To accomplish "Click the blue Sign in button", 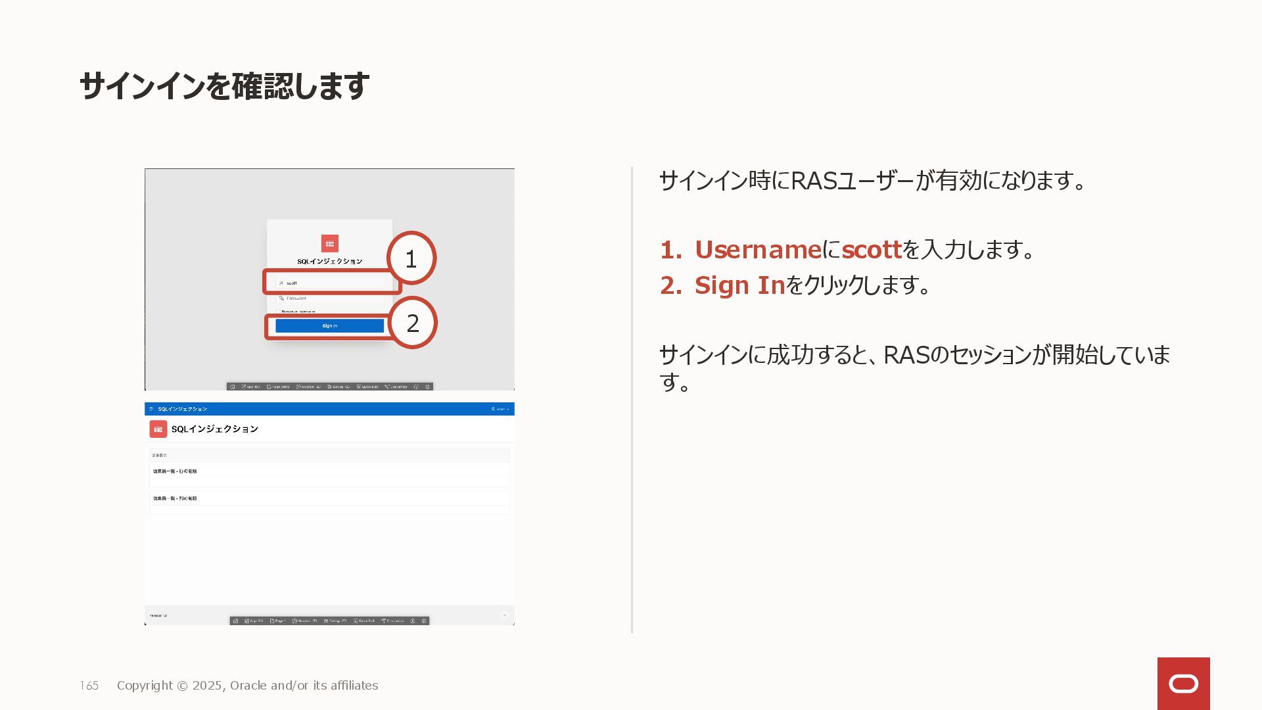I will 329,326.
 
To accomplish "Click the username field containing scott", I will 329,283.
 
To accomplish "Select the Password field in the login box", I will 329,298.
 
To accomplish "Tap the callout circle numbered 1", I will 411,258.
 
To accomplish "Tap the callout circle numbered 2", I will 413,323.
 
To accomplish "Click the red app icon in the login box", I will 330,244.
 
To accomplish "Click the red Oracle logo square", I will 1183,684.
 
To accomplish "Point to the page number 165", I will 89,686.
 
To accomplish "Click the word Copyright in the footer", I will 145,686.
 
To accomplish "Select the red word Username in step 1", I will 758,250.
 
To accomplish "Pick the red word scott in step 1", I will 872,250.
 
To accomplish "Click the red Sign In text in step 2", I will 739,285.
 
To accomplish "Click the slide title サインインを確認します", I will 224,86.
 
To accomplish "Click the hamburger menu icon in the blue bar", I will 151,409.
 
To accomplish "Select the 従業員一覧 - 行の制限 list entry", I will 175,471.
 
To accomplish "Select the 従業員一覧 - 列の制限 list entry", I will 175,498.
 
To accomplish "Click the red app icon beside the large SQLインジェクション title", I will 158,429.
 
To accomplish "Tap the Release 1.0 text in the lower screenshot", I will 158,616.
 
